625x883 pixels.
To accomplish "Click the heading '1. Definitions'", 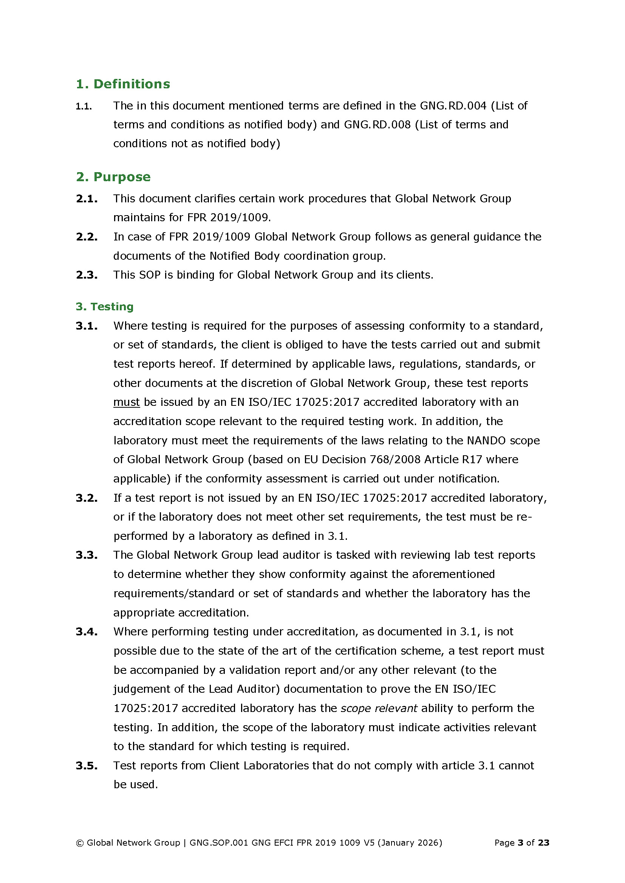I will pos(123,84).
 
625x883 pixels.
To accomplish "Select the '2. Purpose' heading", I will pos(113,177).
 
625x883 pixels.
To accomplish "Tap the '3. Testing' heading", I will pos(104,307).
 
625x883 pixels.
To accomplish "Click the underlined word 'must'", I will pos(126,402).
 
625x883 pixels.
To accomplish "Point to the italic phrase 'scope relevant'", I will pos(379,708).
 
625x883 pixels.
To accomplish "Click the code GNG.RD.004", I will pos(453,106).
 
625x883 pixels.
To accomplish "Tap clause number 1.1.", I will pos(84,106).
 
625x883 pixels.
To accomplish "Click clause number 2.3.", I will pos(87,275).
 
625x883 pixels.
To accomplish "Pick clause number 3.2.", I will pos(87,498).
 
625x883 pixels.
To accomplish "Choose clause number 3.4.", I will pos(87,632).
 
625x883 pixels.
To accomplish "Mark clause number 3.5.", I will pos(87,766).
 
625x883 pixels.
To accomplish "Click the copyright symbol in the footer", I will pos(80,843).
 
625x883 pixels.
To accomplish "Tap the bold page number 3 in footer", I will pos(520,843).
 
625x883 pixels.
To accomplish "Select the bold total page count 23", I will pos(543,843).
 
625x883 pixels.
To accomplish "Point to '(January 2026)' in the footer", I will pos(410,843).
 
